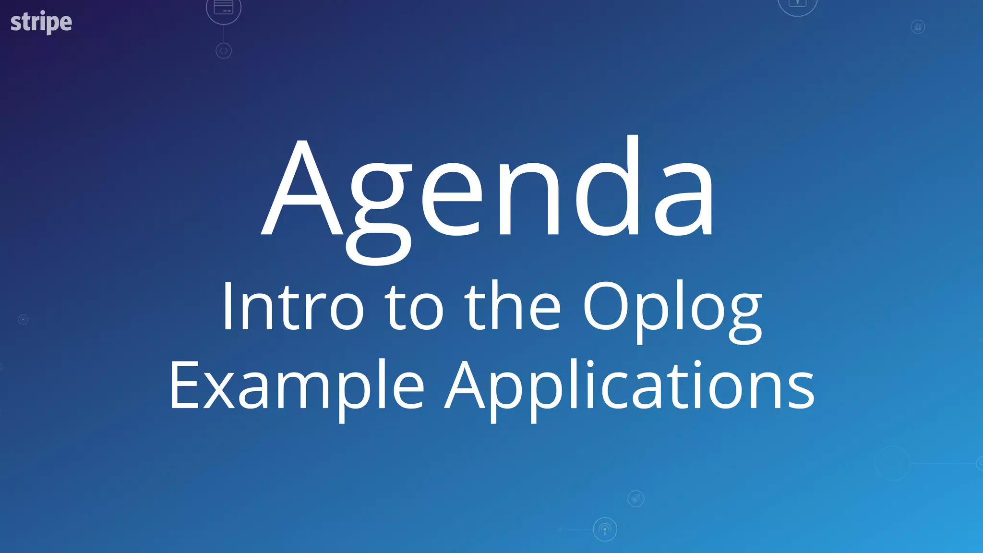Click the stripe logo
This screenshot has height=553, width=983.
tap(41, 22)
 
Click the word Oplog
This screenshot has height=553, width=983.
tap(672, 310)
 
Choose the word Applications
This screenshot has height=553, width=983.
tap(629, 387)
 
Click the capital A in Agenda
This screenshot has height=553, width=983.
tap(302, 190)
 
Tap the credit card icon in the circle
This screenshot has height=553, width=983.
tap(224, 8)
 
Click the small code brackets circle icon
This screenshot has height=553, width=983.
tap(224, 50)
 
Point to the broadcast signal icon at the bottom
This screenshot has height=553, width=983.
tap(605, 529)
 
